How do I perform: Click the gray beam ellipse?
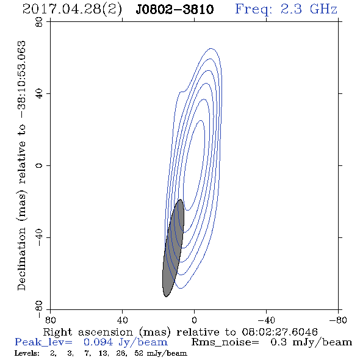point(173,248)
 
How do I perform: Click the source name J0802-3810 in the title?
point(175,9)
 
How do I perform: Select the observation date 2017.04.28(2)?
point(72,9)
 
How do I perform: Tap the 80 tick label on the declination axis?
point(39,22)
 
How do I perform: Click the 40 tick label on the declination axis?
point(39,94)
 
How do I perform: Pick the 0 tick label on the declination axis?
point(39,165)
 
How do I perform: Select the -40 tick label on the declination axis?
point(39,237)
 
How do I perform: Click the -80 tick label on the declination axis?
point(39,309)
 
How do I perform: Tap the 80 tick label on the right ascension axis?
point(50,320)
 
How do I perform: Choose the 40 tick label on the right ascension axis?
point(122,320)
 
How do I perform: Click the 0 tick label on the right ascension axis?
point(194,320)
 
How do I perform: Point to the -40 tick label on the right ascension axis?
point(266,320)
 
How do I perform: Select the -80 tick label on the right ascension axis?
point(338,320)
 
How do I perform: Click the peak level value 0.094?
point(98,342)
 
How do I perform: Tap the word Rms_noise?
point(225,342)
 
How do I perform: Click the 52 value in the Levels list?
point(139,353)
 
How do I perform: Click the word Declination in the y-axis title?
point(21,259)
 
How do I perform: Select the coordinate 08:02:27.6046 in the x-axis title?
point(279,332)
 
